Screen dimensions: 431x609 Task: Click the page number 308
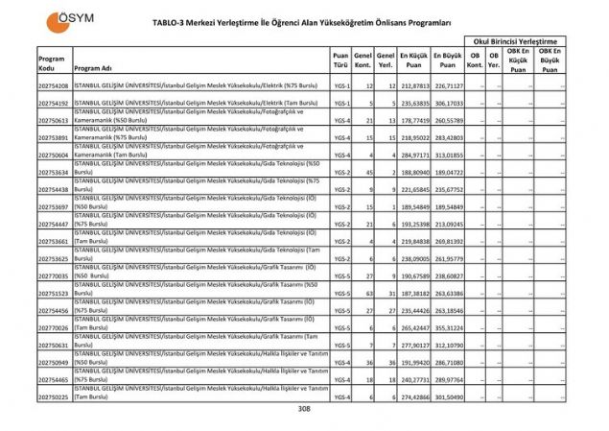click(x=304, y=409)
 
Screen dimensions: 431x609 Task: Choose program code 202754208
click(x=54, y=85)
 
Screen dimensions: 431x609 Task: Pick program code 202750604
click(x=54, y=155)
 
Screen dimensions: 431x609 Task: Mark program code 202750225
click(x=54, y=396)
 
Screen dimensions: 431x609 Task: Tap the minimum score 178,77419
click(x=413, y=120)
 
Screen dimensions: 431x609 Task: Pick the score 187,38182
click(x=413, y=293)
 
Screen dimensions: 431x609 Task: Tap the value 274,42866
click(x=413, y=396)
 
